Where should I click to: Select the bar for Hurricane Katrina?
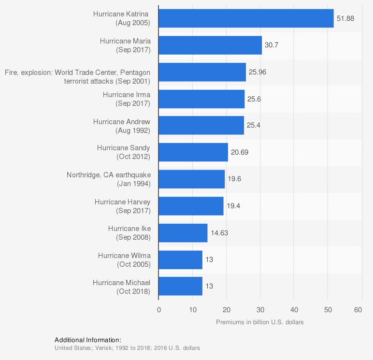[x=246, y=18]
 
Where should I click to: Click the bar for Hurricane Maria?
[x=210, y=45]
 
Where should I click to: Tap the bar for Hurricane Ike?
[x=183, y=233]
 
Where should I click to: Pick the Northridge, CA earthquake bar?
[x=191, y=179]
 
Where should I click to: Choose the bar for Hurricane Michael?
[x=180, y=286]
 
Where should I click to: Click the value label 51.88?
[x=345, y=18]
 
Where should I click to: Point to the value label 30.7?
[x=271, y=45]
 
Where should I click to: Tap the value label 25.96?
[x=258, y=72]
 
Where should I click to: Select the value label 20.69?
[x=240, y=152]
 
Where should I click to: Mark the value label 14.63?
[x=219, y=233]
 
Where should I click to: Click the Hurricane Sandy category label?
[x=124, y=152]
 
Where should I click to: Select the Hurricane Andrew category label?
[x=122, y=126]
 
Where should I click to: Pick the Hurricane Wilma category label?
[x=124, y=259]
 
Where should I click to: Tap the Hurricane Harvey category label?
[x=123, y=206]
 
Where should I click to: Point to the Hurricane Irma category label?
[x=127, y=99]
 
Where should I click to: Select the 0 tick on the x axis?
[x=158, y=310]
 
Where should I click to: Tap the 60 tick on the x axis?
[x=358, y=310]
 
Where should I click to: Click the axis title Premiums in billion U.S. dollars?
[x=259, y=322]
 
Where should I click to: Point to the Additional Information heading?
[x=87, y=340]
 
